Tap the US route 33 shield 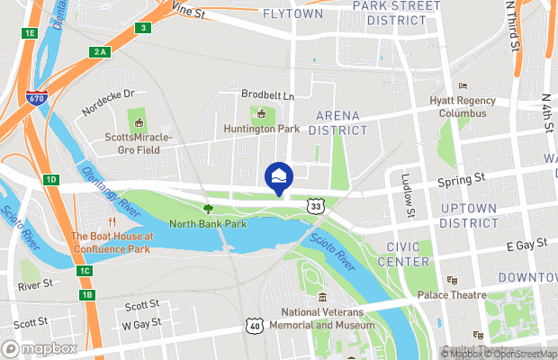tap(315, 206)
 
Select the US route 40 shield tap(254, 325)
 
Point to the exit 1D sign tap(50, 180)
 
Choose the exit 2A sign tap(99, 52)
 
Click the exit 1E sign tap(29, 33)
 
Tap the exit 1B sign tap(86, 295)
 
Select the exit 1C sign tap(85, 271)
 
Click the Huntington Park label tap(262, 129)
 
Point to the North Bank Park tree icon tap(208, 208)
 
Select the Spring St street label tap(461, 181)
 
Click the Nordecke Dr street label tap(108, 93)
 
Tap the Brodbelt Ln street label tap(266, 94)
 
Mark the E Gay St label tap(527, 245)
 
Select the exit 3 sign tap(142, 28)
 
